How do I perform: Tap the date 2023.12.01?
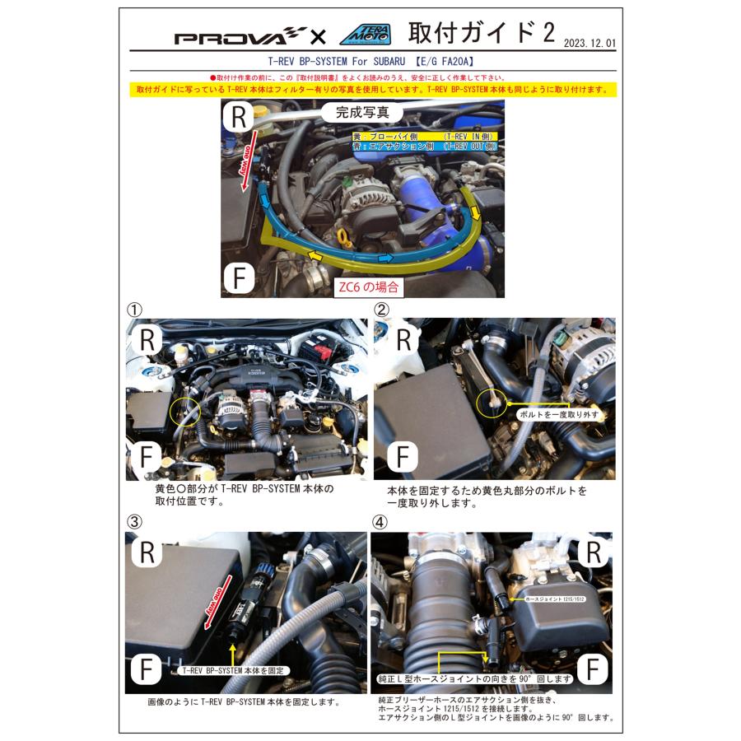pyautogui.click(x=590, y=42)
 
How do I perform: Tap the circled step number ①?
pyautogui.click(x=134, y=310)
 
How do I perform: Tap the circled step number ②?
pyautogui.click(x=381, y=310)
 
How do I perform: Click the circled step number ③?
pyautogui.click(x=134, y=521)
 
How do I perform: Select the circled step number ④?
pyautogui.click(x=380, y=521)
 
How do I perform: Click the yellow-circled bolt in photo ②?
pyautogui.click(x=491, y=401)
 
